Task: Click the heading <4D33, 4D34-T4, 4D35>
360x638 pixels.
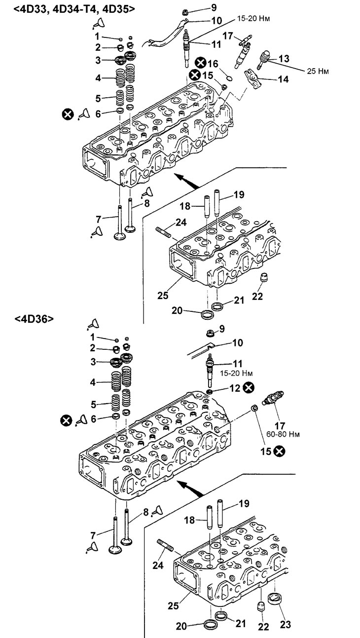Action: coord(74,8)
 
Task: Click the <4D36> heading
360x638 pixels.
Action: coord(34,319)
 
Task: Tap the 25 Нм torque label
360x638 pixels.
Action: coord(318,71)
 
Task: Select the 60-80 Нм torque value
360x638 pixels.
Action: coord(283,434)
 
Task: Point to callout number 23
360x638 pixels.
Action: coord(286,624)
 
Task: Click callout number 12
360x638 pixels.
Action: coord(235,388)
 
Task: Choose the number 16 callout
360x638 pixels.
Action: coord(213,63)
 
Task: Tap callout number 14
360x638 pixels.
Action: coord(283,79)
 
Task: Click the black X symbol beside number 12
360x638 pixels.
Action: coord(249,388)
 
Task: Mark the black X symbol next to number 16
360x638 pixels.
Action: coord(201,63)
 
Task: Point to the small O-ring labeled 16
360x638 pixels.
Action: coord(229,77)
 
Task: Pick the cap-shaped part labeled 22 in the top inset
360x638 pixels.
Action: coord(265,277)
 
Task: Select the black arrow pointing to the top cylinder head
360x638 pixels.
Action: coord(187,182)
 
